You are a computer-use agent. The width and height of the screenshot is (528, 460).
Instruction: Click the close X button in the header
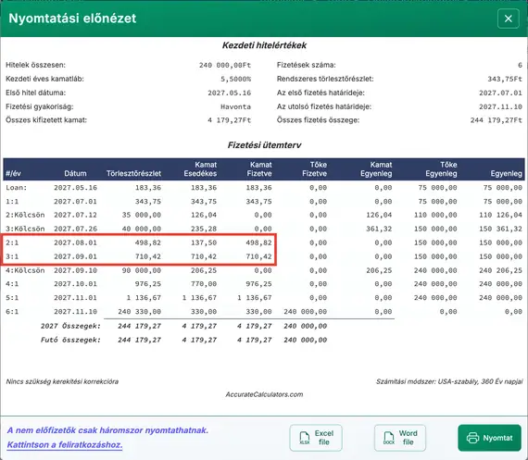[x=507, y=19]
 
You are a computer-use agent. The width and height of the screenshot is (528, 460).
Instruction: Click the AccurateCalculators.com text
[x=264, y=393]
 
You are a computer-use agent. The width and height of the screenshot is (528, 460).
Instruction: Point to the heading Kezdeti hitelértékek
[x=264, y=45]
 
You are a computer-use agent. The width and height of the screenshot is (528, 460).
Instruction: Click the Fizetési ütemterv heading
[x=264, y=144]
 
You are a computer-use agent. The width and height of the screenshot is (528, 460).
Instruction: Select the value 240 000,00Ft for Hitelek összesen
[x=224, y=66]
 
